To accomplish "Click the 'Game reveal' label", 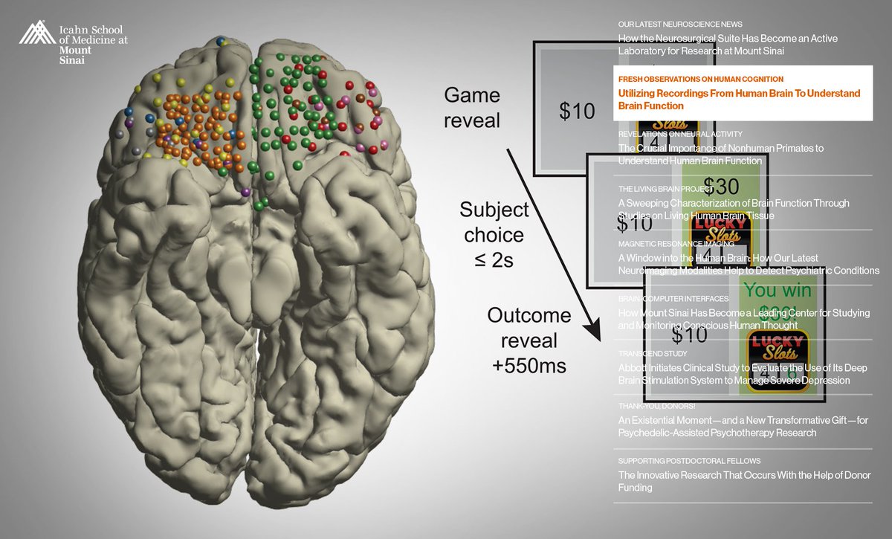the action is pos(472,108).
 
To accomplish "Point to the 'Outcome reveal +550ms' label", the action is pos(529,340).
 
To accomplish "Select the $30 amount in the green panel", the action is pos(720,186).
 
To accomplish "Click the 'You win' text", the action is pos(773,289).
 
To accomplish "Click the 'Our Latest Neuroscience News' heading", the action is pos(679,25).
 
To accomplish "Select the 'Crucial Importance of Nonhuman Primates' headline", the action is pos(720,154).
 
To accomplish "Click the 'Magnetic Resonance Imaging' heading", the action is pos(676,243).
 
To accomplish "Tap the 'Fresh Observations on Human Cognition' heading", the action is pos(700,79).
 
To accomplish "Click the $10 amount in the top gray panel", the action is pos(578,112).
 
